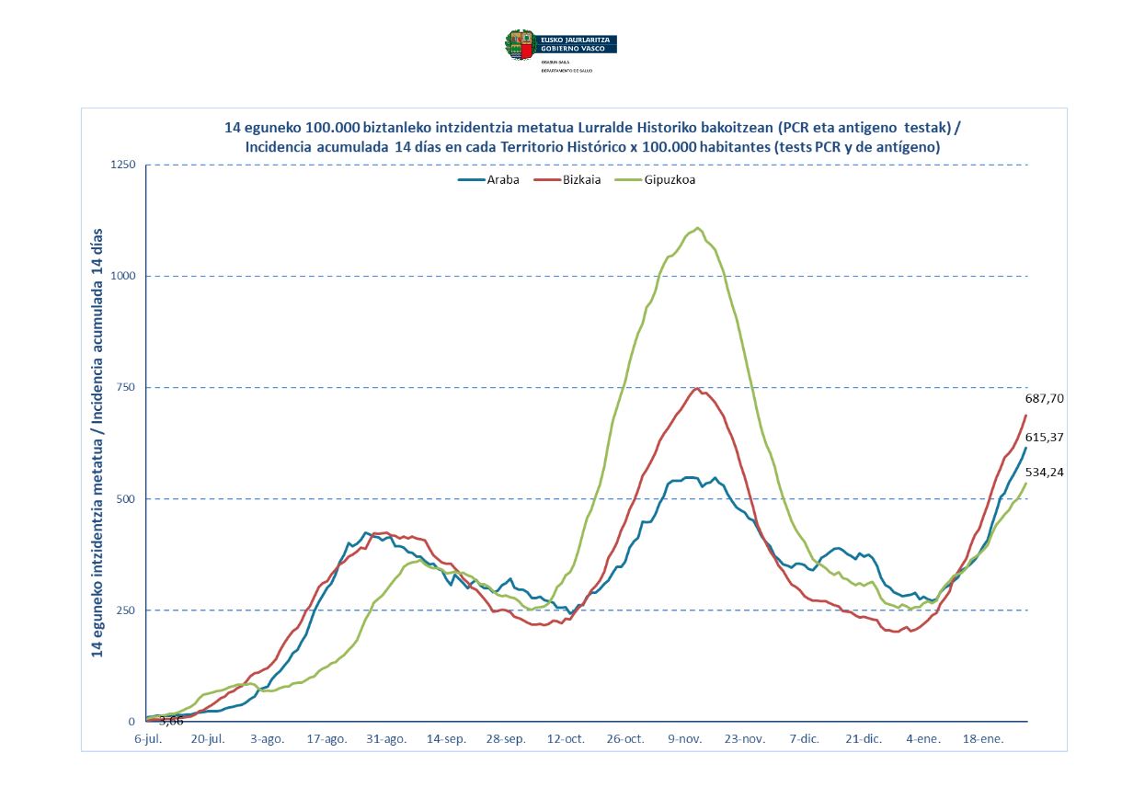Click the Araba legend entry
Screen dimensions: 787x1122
(498, 180)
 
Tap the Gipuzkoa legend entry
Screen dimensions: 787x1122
(669, 180)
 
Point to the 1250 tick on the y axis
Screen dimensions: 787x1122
(122, 165)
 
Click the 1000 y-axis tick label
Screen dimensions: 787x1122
(122, 277)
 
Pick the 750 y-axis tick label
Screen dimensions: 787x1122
(126, 388)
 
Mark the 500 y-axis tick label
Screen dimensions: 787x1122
(126, 499)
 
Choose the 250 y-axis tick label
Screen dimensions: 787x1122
(126, 610)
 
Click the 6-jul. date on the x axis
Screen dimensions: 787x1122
(147, 738)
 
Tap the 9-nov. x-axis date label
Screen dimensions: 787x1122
(686, 738)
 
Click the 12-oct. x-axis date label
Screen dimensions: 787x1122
(566, 738)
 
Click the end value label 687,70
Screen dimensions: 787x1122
(1044, 399)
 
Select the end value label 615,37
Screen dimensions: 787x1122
(1044, 437)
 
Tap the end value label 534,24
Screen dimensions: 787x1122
(1044, 473)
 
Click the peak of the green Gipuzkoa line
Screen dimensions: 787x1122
(699, 228)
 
